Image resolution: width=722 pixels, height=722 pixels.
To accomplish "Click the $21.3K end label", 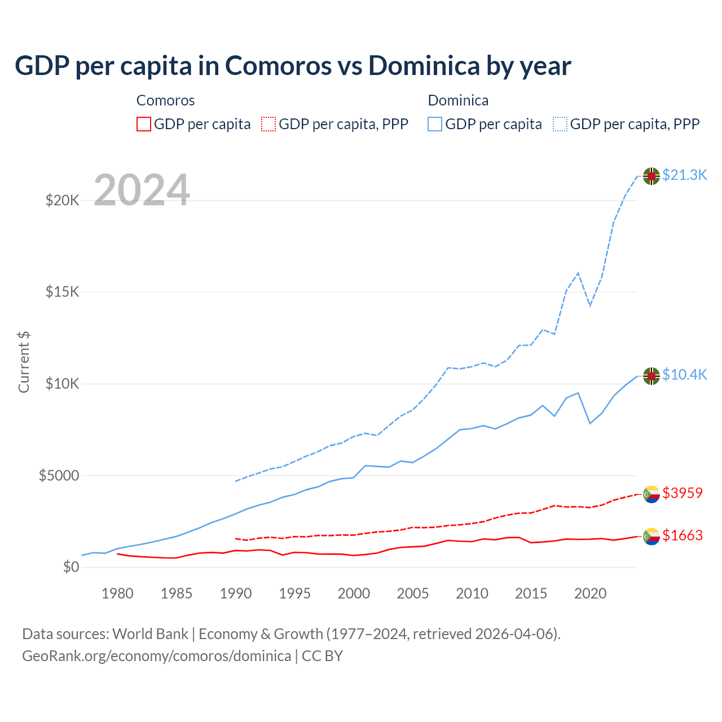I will tap(684, 175).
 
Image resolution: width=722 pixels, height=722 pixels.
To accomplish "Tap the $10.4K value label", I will tap(684, 375).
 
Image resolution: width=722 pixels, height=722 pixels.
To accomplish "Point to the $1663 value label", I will tap(683, 536).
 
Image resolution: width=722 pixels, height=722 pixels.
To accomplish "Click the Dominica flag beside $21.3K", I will tap(651, 176).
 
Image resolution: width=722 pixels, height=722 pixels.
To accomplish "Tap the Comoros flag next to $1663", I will tap(651, 536).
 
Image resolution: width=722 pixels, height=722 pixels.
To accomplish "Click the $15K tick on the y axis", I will tap(62, 292).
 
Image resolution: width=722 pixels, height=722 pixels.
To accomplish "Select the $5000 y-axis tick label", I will tap(59, 476).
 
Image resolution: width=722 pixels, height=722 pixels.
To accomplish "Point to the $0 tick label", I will tap(71, 567).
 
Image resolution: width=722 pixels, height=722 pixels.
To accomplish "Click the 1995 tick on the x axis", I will tap(294, 594).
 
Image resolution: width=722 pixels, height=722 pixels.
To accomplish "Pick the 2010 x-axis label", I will tap(472, 594).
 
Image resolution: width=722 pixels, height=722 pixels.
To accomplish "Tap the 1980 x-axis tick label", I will tap(117, 594).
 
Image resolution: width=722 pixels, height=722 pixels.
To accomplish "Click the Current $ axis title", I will tap(24, 362).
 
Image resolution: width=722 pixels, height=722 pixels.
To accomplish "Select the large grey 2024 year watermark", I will tap(142, 190).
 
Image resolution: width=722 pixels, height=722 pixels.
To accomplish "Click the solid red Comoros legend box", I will tap(144, 124).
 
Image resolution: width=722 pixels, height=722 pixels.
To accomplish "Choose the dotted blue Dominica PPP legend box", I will tap(560, 124).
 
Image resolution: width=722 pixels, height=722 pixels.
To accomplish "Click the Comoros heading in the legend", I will tap(165, 100).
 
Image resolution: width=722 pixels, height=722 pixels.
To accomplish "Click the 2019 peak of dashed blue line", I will tap(578, 273).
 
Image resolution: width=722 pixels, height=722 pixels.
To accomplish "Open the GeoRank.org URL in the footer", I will tap(156, 656).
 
